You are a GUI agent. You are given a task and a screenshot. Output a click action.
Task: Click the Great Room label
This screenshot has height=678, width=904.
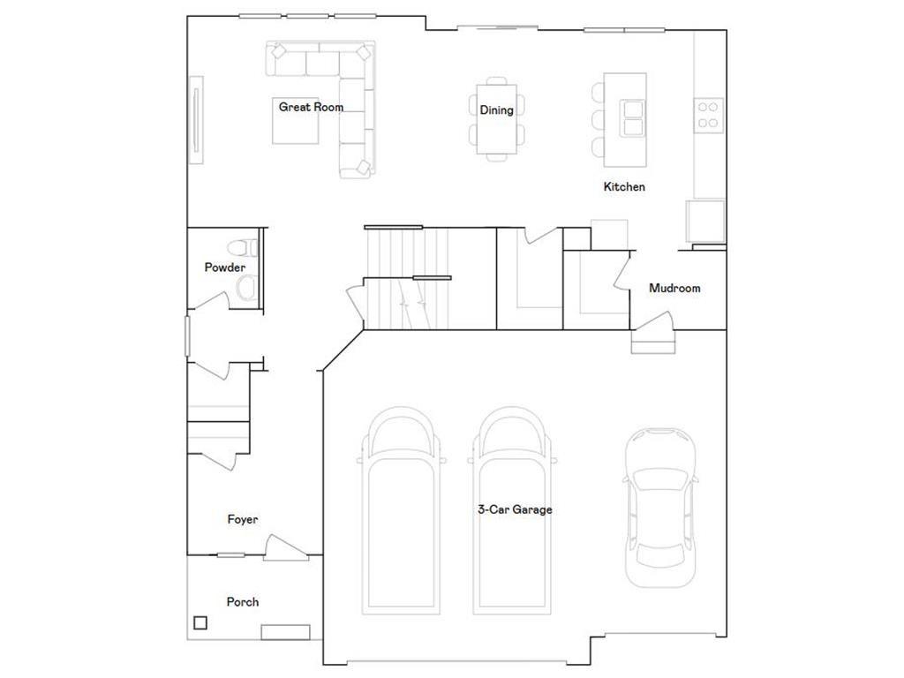coord(311,107)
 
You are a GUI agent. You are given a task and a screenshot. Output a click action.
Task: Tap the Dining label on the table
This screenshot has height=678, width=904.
coord(496,110)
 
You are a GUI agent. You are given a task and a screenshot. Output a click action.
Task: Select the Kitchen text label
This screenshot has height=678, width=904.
coord(624,186)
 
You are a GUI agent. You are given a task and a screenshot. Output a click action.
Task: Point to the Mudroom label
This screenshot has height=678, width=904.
coord(674,288)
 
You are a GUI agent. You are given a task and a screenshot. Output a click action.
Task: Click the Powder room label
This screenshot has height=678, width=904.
coord(225,267)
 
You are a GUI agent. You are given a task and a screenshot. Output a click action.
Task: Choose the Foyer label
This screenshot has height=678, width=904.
coord(243,520)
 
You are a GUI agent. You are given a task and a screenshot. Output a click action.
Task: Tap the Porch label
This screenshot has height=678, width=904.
coord(243,602)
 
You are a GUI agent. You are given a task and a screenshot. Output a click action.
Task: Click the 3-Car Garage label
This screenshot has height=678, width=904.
coord(515,509)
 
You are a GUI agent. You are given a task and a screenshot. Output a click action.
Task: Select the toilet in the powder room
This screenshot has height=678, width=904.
coord(242,247)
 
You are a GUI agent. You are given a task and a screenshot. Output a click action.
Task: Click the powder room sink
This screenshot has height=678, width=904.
coord(247,287)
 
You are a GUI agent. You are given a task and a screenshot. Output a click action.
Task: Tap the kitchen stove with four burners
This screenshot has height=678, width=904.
coord(708,115)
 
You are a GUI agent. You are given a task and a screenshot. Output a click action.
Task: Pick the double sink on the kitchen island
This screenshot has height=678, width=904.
coord(633,118)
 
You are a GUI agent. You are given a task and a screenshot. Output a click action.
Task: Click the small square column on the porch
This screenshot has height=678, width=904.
coord(201,622)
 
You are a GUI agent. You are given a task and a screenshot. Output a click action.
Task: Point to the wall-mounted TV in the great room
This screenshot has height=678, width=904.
coord(196,120)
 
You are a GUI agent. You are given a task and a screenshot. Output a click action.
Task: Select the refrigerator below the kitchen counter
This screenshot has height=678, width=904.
coord(705,221)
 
